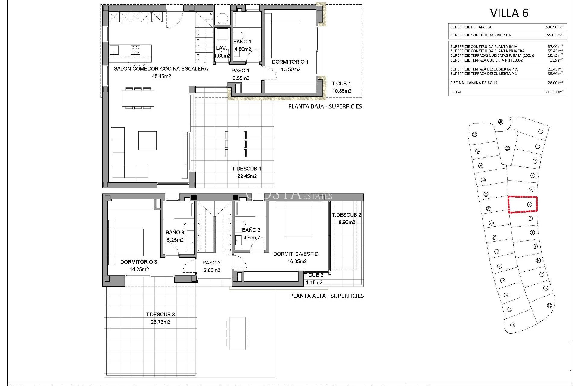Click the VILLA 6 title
[509, 13]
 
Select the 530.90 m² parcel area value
[554, 27]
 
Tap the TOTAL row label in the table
[456, 92]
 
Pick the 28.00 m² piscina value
[555, 83]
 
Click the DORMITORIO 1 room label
[290, 62]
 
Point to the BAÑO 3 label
[175, 233]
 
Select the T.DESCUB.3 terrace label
[160, 315]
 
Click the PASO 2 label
[211, 263]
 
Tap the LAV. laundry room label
[222, 48]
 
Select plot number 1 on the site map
[540, 131]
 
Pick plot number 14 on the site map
[512, 325]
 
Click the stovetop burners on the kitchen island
[135, 50]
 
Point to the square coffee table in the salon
[147, 141]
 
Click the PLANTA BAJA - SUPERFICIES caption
[325, 106]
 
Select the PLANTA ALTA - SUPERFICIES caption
[327, 296]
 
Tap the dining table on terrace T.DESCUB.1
[235, 144]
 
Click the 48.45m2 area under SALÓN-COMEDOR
[161, 76]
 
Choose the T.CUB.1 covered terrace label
[341, 84]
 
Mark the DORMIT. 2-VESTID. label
[296, 254]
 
